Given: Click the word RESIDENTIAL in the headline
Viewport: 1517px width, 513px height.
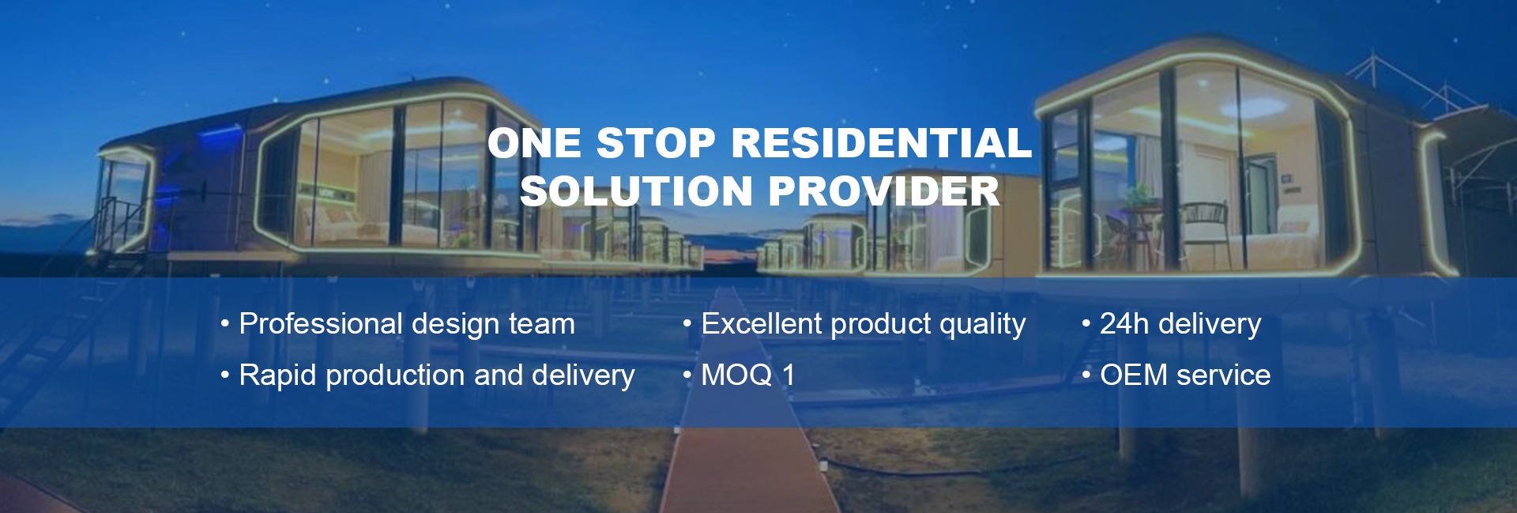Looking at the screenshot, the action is click(882, 143).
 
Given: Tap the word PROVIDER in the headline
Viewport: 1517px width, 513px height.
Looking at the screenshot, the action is click(883, 191).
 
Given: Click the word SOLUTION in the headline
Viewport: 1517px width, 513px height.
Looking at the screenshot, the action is click(636, 191).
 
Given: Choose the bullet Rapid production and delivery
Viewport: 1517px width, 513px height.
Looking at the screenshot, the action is click(427, 375).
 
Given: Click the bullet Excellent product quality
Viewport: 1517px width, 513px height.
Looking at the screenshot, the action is click(854, 324).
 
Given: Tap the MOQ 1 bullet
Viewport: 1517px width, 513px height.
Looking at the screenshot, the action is click(739, 375).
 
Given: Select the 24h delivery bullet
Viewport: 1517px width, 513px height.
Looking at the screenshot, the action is click(1171, 324).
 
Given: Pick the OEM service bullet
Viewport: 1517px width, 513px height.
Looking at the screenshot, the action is click(1176, 375).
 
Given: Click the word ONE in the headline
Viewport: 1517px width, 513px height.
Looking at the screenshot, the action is click(534, 143).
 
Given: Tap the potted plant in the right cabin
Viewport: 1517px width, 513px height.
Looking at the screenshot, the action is click(1139, 196).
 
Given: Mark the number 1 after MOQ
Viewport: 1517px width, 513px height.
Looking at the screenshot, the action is click(788, 375).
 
